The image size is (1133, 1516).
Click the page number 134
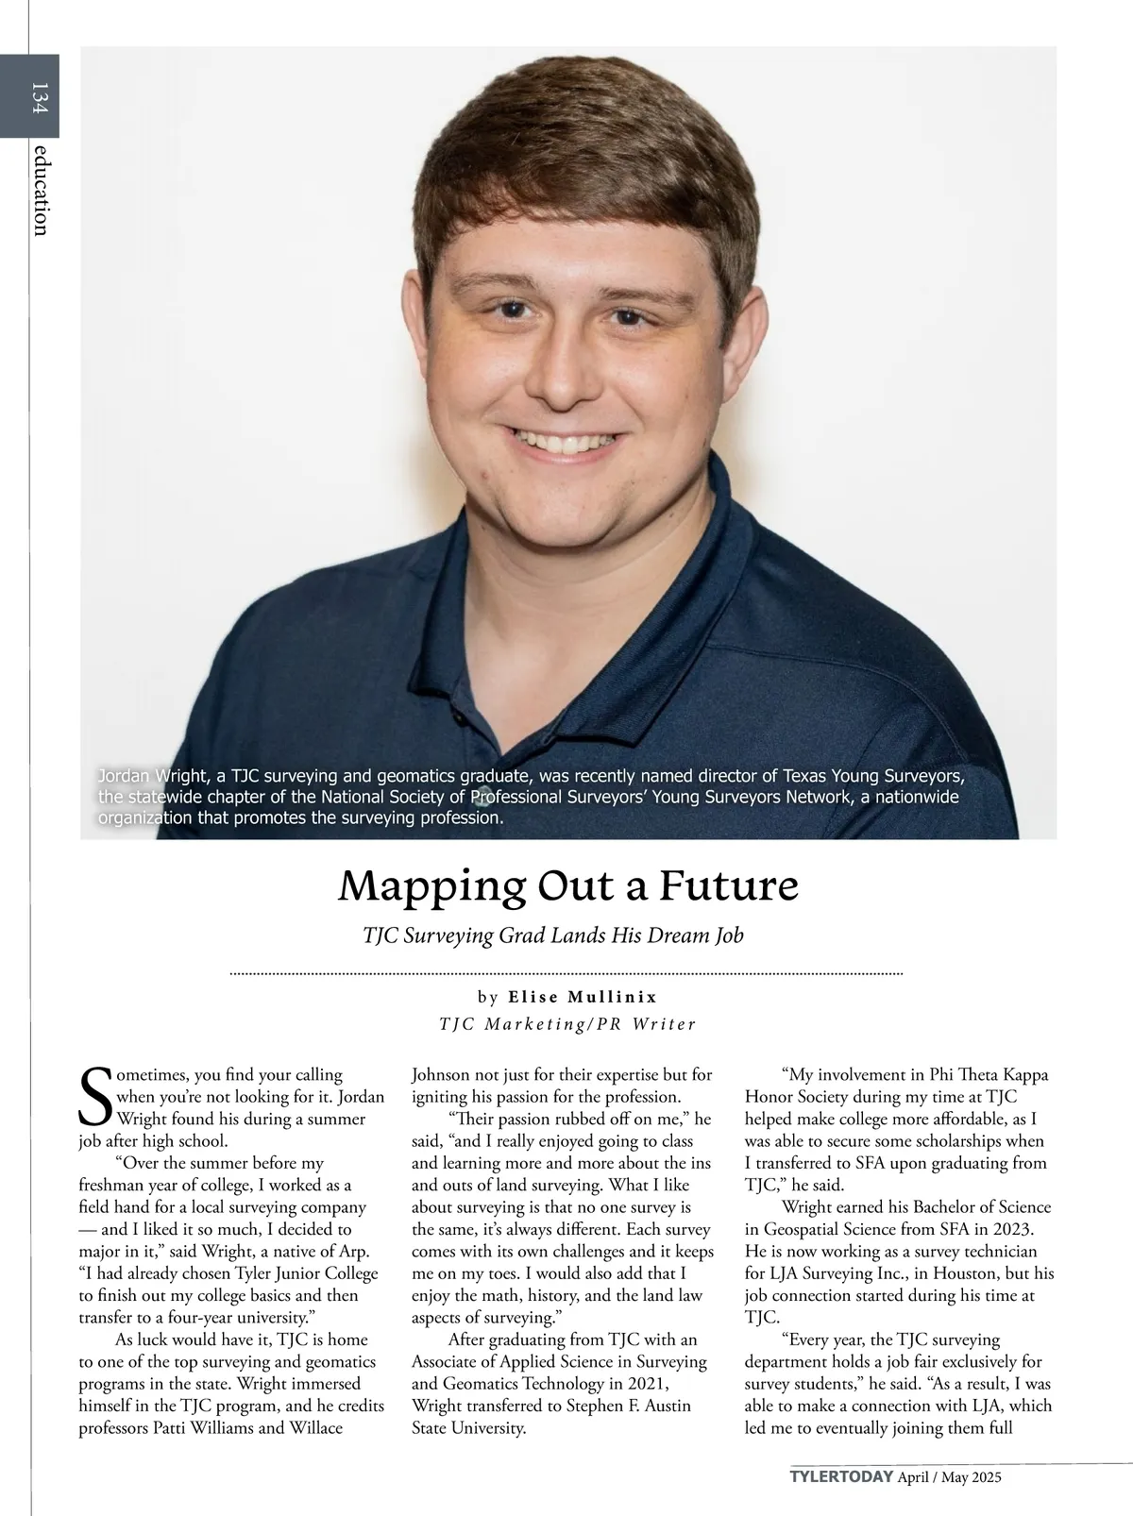coord(39,97)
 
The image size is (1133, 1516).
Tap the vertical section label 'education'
coord(39,190)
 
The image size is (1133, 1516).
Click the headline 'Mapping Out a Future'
coord(567,885)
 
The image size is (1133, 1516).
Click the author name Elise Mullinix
coord(583,997)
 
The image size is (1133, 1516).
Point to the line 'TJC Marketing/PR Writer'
coord(567,1024)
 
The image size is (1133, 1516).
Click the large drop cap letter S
coord(95,1096)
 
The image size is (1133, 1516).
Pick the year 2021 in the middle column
coord(646,1383)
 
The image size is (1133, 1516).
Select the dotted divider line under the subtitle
coord(566,972)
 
